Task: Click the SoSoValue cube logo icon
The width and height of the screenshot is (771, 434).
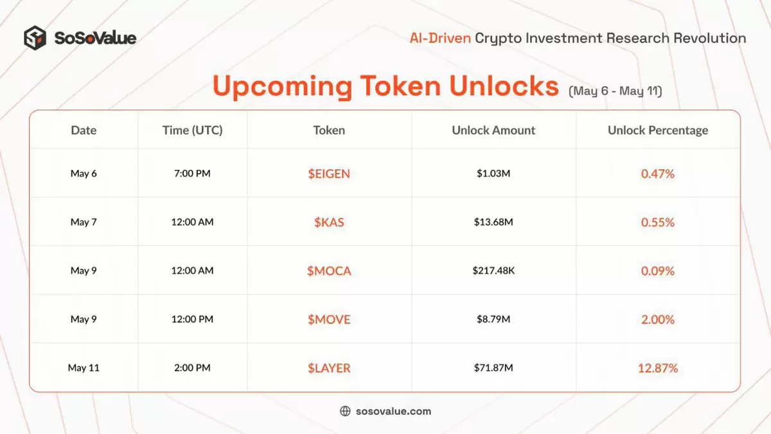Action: [35, 38]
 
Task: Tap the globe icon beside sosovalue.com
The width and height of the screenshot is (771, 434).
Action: [345, 411]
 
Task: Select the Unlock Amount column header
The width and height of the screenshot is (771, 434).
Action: [493, 130]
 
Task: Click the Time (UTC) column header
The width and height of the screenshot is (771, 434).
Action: [192, 130]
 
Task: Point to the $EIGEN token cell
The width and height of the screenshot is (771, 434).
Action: [329, 174]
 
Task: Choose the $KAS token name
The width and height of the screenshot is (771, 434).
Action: [329, 222]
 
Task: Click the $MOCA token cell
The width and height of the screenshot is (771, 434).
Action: [329, 271]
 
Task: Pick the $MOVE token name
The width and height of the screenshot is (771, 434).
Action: [329, 320]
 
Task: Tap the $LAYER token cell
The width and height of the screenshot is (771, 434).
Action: [329, 368]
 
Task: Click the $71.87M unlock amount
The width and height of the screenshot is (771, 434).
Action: [493, 368]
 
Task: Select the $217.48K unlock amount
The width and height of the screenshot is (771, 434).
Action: [493, 271]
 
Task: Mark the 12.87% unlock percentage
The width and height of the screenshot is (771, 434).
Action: [658, 368]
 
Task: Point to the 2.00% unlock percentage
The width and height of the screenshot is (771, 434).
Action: [658, 320]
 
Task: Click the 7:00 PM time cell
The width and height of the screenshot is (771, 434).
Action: [192, 173]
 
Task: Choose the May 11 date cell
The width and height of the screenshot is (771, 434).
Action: [84, 368]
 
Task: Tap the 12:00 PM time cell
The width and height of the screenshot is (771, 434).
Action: [192, 319]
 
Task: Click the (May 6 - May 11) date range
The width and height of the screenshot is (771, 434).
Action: [615, 91]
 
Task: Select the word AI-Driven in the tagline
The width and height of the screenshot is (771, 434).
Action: [440, 38]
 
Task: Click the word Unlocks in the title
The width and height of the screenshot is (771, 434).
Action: [504, 86]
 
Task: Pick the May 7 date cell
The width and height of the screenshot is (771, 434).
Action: [84, 222]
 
